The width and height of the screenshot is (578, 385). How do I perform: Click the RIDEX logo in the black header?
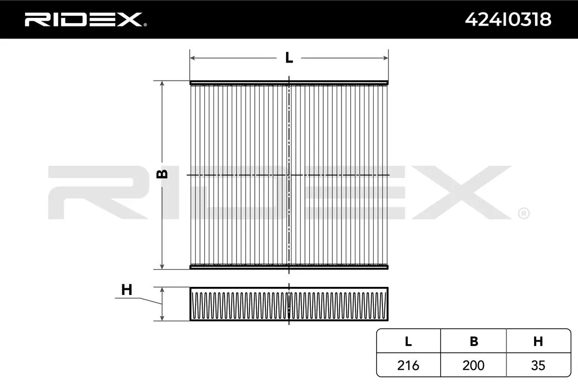[x=85, y=20]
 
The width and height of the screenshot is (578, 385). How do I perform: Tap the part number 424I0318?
[x=508, y=20]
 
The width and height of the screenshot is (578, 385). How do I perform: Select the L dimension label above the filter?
[x=289, y=58]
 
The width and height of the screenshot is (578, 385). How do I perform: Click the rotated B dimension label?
[x=162, y=174]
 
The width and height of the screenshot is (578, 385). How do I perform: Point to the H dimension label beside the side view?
[x=126, y=290]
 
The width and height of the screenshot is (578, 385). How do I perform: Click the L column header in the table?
[x=408, y=341]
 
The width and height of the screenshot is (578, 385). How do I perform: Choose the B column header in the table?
[x=474, y=341]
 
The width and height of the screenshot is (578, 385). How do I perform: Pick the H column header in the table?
[x=538, y=341]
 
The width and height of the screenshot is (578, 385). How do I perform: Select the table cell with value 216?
[x=408, y=365]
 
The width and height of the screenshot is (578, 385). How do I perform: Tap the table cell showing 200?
[x=473, y=365]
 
